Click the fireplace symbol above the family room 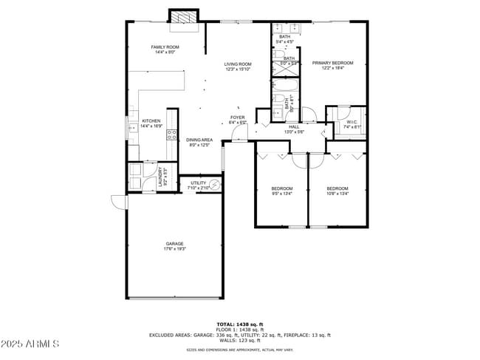[x=183, y=17]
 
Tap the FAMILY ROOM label [x=165, y=47]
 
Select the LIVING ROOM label [x=238, y=64]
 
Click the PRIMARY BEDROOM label [x=332, y=63]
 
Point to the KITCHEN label [x=151, y=121]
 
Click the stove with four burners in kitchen [x=172, y=135]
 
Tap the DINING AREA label [x=199, y=140]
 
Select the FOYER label [x=237, y=117]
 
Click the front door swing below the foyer [x=239, y=133]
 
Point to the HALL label [x=295, y=126]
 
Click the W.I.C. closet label [x=352, y=122]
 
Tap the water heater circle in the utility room [x=216, y=186]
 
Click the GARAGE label [x=174, y=243]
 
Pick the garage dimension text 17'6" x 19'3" [x=174, y=249]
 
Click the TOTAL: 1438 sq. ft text [x=239, y=324]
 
